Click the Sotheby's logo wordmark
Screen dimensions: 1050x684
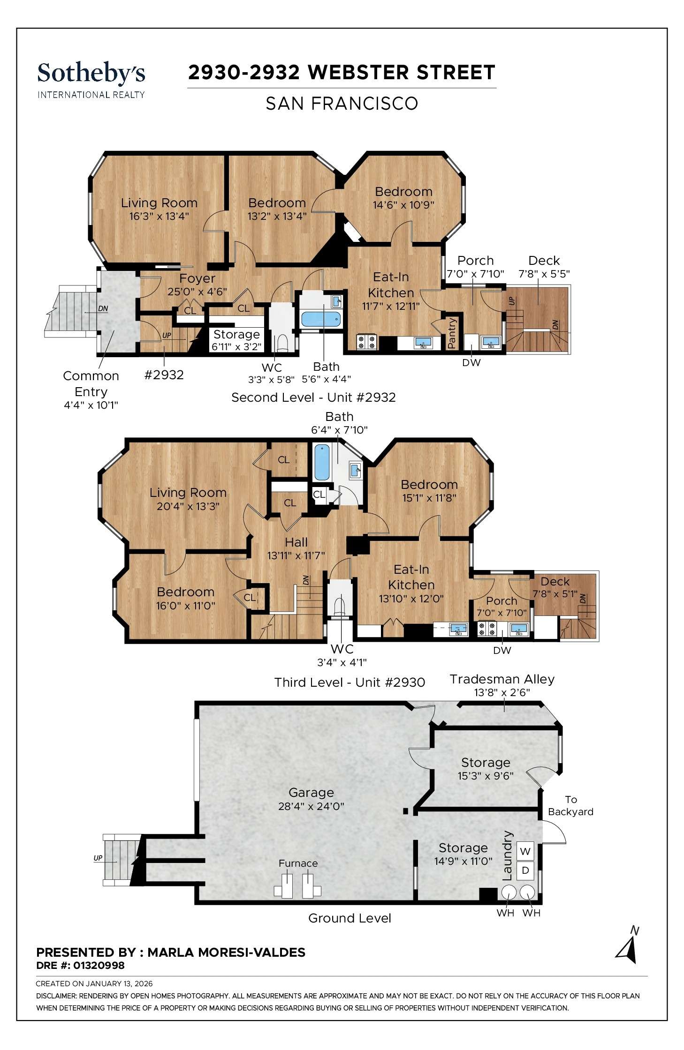point(91,74)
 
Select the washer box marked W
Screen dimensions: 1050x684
point(525,851)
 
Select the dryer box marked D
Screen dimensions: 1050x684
point(525,870)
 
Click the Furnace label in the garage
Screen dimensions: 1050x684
point(298,863)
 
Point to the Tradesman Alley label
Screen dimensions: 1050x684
point(502,679)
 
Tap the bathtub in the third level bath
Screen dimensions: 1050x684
point(322,463)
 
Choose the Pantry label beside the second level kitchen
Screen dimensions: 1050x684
point(452,333)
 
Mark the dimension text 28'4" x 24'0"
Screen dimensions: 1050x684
point(311,806)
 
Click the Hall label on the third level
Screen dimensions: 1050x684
point(296,542)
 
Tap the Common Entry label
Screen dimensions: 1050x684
point(91,383)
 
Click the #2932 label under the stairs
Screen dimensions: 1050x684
point(164,375)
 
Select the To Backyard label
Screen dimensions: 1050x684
point(570,805)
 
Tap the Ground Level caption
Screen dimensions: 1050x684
point(350,918)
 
